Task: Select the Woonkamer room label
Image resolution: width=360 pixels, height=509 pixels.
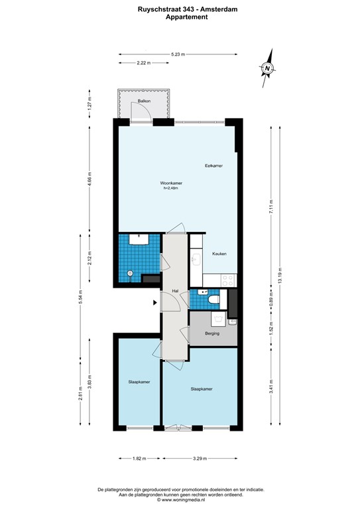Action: click(x=171, y=183)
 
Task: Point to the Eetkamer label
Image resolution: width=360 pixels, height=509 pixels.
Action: click(x=213, y=164)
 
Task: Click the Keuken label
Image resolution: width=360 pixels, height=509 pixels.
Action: click(x=219, y=254)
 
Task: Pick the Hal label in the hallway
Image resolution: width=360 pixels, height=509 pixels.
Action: click(x=175, y=291)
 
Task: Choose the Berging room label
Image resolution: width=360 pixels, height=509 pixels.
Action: click(x=212, y=333)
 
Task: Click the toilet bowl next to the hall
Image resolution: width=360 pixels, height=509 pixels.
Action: click(x=213, y=302)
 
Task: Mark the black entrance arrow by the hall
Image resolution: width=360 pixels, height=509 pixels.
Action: click(x=154, y=303)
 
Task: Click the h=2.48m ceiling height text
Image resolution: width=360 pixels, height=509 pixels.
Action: click(x=171, y=189)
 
